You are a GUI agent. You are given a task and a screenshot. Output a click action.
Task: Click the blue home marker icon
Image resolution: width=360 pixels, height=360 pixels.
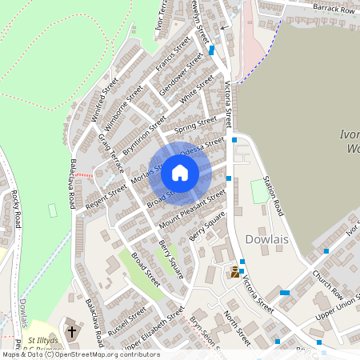180,173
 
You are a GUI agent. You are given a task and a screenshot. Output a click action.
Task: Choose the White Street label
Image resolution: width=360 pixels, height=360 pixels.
197,90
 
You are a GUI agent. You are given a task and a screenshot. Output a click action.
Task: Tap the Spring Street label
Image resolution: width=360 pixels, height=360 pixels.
196,124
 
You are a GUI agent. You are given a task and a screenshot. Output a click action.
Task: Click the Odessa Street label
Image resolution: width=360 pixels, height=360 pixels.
202,146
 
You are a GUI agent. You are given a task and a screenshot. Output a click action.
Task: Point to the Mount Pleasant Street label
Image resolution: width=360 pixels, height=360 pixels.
192,208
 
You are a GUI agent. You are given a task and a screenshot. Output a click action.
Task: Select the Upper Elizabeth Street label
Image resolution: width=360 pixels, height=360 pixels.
158,329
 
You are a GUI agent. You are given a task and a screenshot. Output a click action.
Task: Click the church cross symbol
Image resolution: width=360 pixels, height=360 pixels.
72,330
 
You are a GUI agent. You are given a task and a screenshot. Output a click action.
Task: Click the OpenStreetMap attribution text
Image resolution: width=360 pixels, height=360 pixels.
80,354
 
